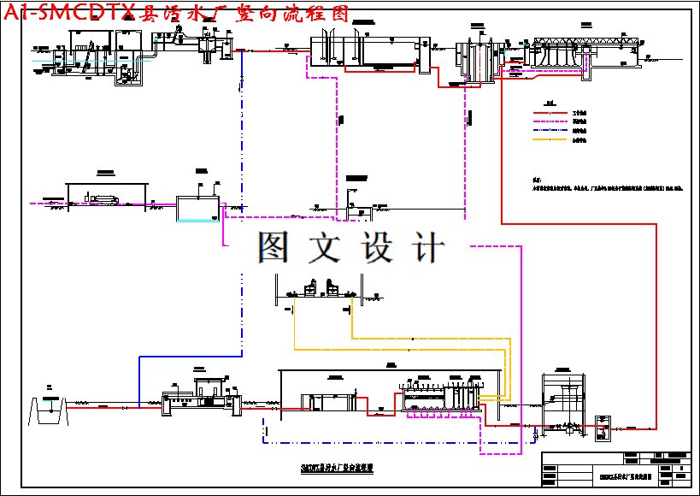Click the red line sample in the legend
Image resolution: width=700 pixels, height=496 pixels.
coord(551,112)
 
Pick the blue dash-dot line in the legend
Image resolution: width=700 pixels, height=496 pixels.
coord(551,131)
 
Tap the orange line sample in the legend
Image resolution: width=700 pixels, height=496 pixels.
coord(551,139)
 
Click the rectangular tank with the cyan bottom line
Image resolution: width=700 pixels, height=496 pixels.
coord(197,210)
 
